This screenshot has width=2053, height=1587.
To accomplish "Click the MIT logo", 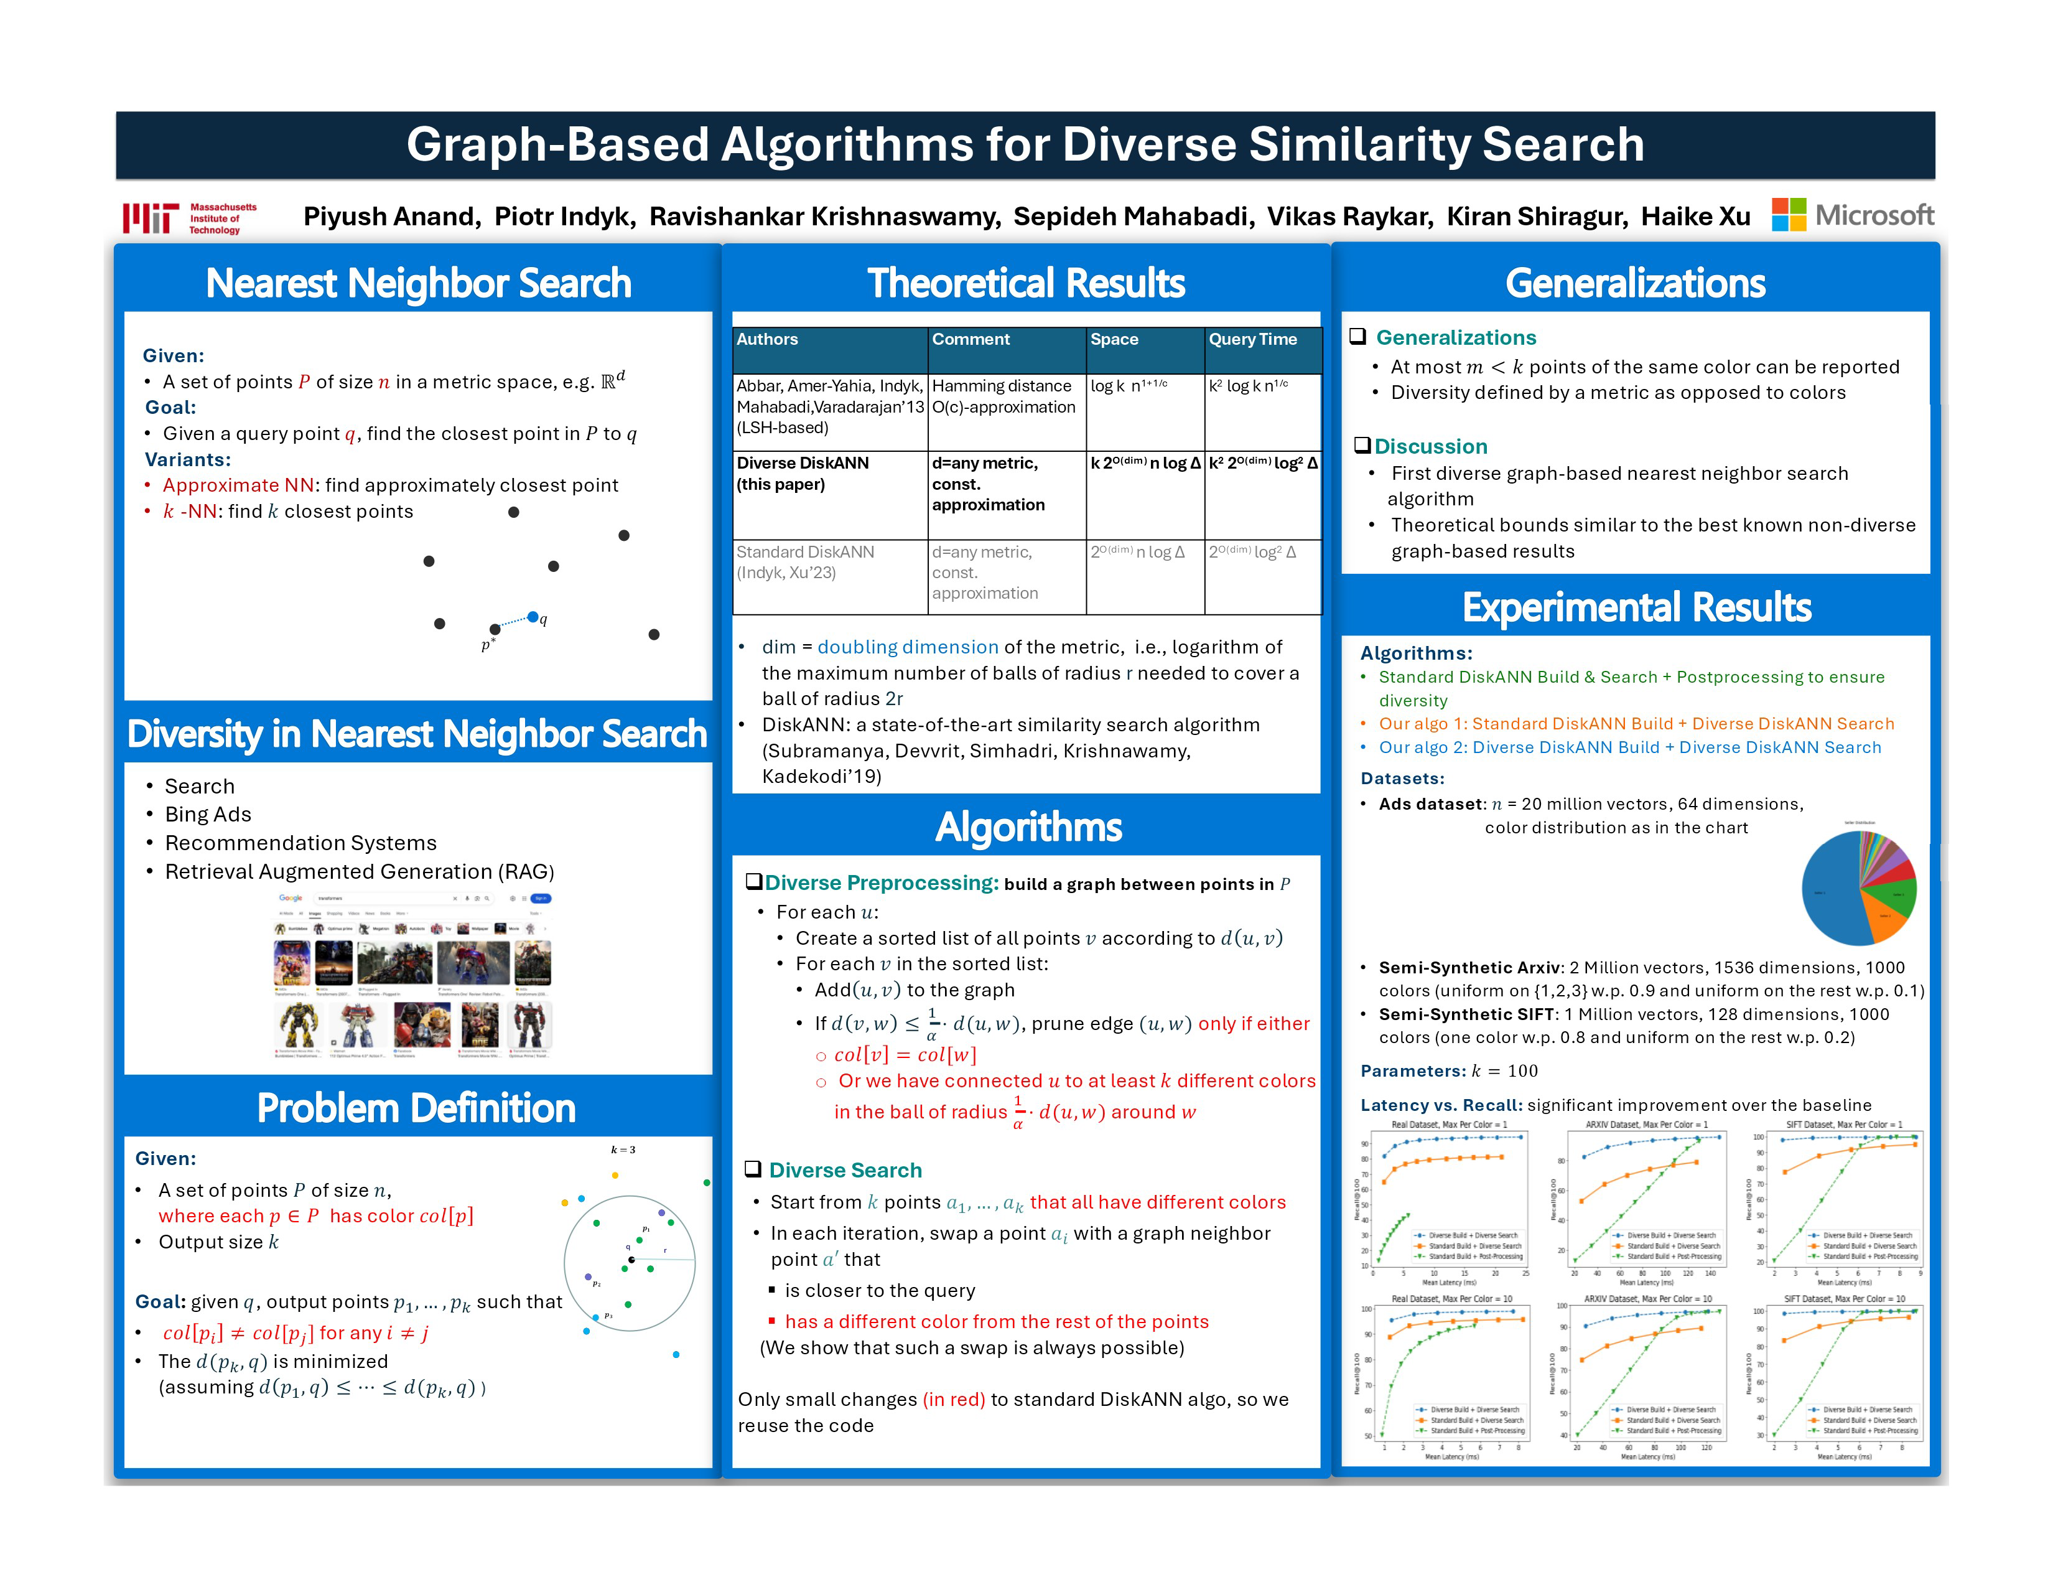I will pyautogui.click(x=190, y=218).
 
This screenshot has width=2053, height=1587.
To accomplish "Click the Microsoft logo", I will pyautogui.click(x=1852, y=215).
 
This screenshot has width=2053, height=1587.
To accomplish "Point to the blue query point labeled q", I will pyautogui.click(x=533, y=617).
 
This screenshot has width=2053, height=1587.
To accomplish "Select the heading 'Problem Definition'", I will pyautogui.click(x=416, y=1108).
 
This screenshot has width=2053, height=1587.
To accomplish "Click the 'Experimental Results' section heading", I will pyautogui.click(x=1637, y=608).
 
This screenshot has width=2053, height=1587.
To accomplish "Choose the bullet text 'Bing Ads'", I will pyautogui.click(x=208, y=814).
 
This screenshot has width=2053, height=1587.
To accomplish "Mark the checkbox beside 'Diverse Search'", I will pyautogui.click(x=753, y=1169).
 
